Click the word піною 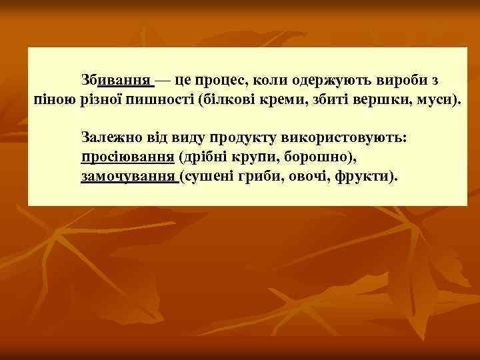coord(55,101)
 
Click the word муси coord(429,101)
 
